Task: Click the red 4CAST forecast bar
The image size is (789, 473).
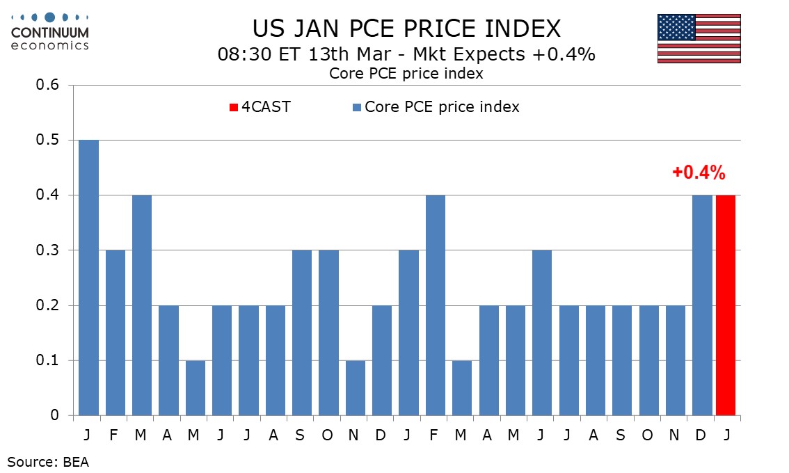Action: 725,306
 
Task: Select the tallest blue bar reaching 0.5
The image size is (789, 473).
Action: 88,278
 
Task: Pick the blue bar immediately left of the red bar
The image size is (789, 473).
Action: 702,306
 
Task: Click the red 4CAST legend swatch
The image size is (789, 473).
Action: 234,107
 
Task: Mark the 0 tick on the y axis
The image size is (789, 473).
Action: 54,416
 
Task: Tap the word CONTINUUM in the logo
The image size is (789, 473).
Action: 50,33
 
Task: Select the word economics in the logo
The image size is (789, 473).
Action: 50,45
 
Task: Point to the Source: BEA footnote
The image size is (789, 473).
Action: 49,460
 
